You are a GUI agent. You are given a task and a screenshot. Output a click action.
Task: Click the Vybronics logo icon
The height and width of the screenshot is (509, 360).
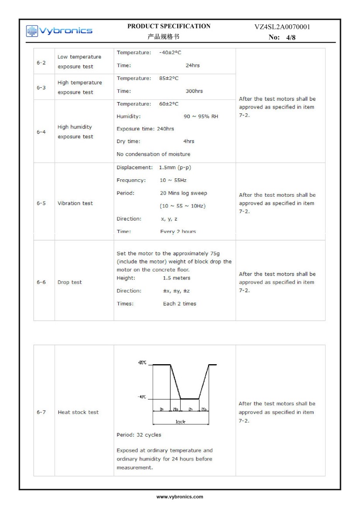(32, 31)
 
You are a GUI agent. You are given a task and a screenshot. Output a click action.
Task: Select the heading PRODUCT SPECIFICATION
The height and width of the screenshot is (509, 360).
(169, 26)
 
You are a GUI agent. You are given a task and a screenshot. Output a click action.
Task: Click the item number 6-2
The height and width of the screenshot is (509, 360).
(41, 62)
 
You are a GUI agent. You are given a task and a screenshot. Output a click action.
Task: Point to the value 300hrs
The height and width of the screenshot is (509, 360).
(194, 91)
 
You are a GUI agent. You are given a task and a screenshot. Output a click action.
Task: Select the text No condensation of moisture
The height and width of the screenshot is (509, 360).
(153, 154)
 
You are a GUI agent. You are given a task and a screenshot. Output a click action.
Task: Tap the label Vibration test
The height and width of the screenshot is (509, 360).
(75, 203)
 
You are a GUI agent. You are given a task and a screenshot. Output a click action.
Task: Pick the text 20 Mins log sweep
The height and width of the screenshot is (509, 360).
(183, 193)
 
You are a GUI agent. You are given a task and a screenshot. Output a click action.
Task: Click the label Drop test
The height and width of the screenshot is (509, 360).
(70, 282)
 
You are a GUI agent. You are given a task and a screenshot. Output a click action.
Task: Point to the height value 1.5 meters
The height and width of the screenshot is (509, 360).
(176, 278)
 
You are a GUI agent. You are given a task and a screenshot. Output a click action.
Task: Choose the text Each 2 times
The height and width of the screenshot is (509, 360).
(179, 304)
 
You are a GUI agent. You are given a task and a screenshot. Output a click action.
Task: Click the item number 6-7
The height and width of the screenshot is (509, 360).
(41, 412)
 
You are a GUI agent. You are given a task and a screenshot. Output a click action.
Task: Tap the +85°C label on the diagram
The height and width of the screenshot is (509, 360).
(142, 363)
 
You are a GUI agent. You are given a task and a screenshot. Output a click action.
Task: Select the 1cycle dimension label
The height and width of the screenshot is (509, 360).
(181, 422)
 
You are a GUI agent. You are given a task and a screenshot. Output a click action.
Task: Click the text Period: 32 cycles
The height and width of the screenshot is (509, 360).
(139, 435)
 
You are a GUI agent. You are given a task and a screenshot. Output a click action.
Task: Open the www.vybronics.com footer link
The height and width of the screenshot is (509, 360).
(180, 497)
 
